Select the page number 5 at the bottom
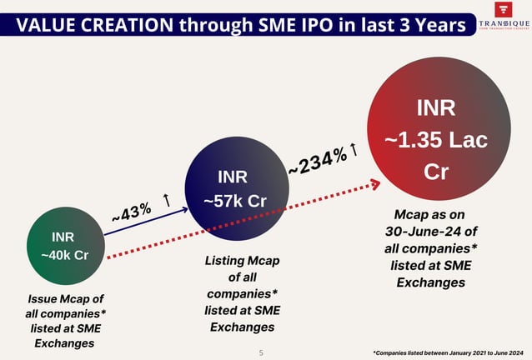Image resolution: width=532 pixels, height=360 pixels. (261, 353)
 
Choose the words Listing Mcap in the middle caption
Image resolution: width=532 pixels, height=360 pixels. (242, 261)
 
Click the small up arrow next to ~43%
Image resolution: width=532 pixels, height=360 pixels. (168, 201)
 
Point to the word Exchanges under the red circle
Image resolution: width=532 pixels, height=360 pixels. (430, 282)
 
